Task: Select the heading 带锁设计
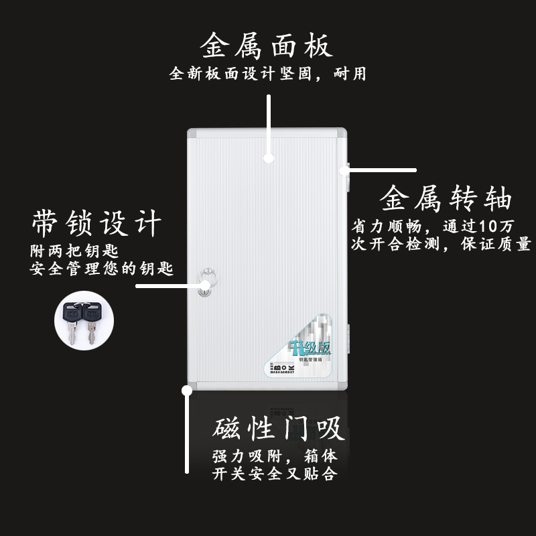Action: tap(96, 223)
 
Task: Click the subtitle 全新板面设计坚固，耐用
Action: tap(267, 74)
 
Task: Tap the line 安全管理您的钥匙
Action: tap(102, 269)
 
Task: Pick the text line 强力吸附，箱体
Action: tap(275, 457)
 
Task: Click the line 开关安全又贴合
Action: tap(275, 475)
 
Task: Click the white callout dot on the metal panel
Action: tap(268, 159)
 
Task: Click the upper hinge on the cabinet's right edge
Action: tap(348, 170)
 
